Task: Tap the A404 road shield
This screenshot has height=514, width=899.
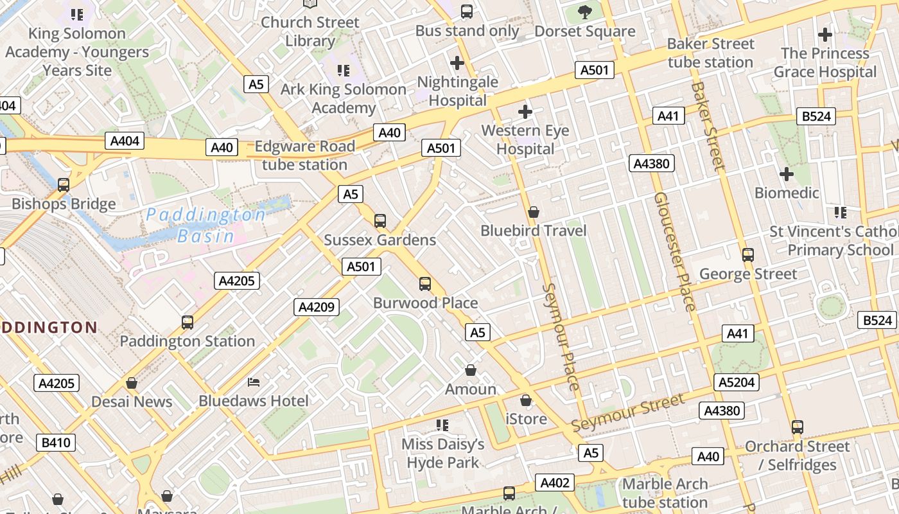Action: [125, 141]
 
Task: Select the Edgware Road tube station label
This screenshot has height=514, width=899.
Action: [304, 155]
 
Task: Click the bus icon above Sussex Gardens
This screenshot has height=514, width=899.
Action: [380, 221]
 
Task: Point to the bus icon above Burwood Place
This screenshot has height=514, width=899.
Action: [424, 284]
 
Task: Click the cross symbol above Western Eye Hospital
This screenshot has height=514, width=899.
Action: [525, 112]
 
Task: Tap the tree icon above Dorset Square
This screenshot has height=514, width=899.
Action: [584, 12]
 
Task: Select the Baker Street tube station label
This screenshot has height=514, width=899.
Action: [710, 53]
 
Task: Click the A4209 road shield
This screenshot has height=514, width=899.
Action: [317, 307]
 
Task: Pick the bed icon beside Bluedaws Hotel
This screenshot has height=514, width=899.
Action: [254, 382]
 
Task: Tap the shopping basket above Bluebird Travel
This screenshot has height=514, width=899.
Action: [533, 212]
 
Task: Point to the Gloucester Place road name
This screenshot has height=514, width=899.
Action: [674, 251]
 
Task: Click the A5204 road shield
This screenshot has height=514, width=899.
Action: [737, 383]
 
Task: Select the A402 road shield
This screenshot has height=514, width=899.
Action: [555, 483]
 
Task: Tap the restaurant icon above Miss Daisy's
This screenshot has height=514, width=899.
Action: [442, 425]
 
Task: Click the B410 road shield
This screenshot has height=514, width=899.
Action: [56, 443]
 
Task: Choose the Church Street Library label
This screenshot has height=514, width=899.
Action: [310, 31]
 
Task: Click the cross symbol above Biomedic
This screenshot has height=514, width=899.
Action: [786, 174]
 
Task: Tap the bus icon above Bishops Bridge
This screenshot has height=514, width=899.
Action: [64, 185]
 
